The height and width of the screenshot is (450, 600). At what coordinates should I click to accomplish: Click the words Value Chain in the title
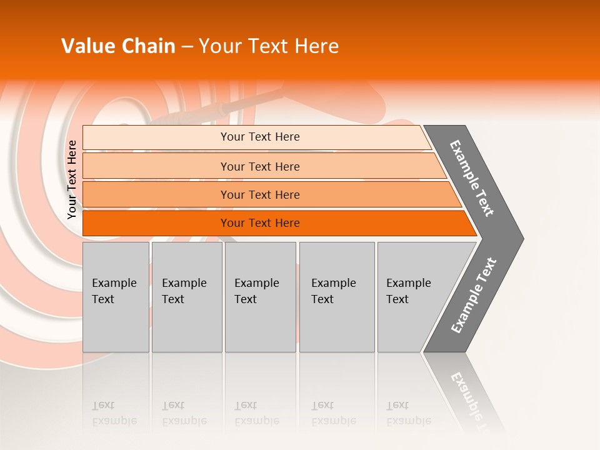click(x=118, y=46)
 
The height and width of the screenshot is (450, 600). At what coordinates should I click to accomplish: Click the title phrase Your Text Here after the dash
click(x=269, y=46)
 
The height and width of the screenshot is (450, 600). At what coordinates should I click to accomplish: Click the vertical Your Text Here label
click(x=72, y=179)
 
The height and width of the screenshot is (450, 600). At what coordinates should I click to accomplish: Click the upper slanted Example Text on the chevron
click(x=472, y=178)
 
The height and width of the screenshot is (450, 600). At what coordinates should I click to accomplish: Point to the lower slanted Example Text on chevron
click(x=473, y=296)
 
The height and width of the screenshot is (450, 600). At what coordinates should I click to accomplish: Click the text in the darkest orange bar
click(x=260, y=223)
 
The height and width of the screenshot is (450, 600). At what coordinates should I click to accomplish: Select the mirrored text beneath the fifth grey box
click(x=409, y=414)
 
